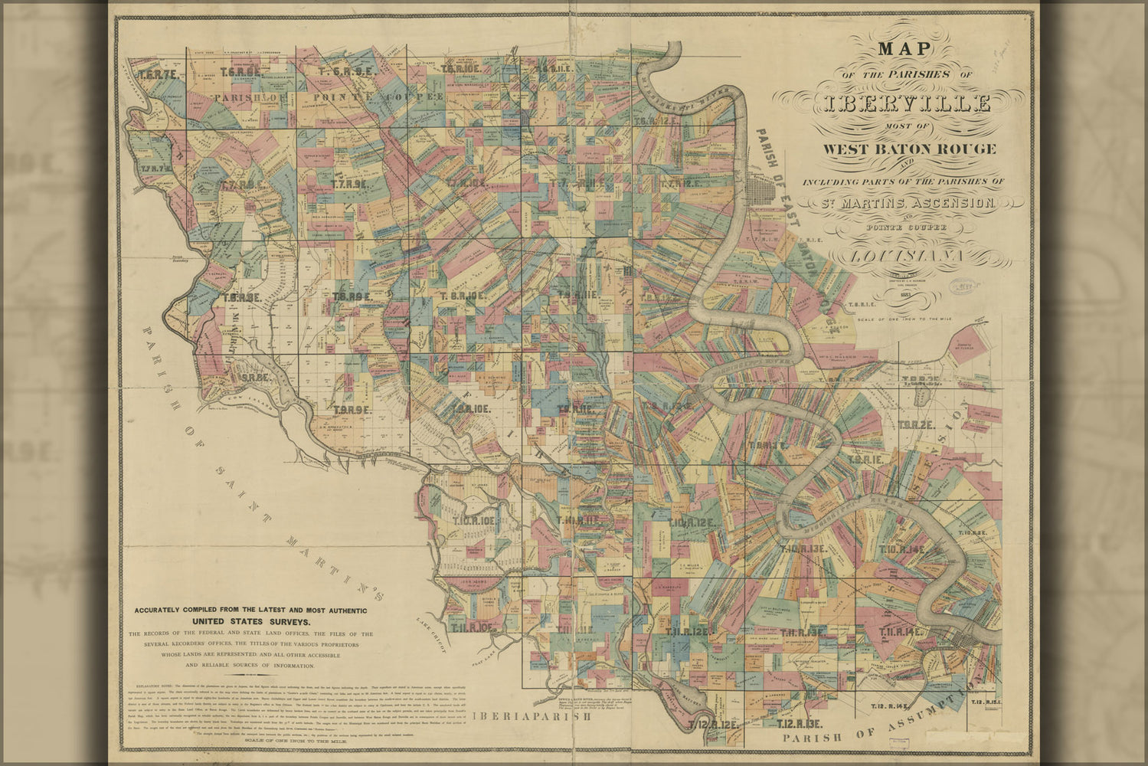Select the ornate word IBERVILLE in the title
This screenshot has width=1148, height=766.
907,103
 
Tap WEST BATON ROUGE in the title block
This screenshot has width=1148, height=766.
909,149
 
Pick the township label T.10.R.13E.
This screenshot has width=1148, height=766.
803,548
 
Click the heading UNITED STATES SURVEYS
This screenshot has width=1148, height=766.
250,621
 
